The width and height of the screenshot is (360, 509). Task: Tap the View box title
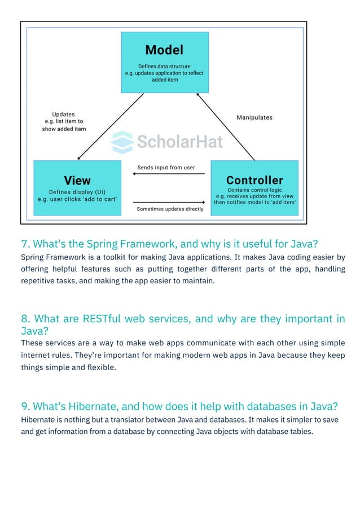(77, 181)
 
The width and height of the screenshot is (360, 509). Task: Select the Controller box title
(254, 181)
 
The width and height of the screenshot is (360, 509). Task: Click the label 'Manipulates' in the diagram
(254, 117)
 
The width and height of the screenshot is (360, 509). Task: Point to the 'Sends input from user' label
(166, 168)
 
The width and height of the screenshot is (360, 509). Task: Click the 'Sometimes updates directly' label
(170, 209)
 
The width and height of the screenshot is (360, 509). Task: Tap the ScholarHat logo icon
(121, 142)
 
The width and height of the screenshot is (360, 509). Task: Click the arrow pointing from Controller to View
(169, 174)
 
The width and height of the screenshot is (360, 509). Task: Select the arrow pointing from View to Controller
(169, 201)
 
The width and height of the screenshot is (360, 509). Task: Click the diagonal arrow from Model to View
(110, 126)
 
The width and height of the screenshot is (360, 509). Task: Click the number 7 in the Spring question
(24, 244)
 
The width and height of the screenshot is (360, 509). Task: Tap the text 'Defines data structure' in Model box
(164, 67)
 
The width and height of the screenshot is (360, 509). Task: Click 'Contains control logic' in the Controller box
(254, 190)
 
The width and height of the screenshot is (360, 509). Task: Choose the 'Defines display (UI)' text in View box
(77, 191)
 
